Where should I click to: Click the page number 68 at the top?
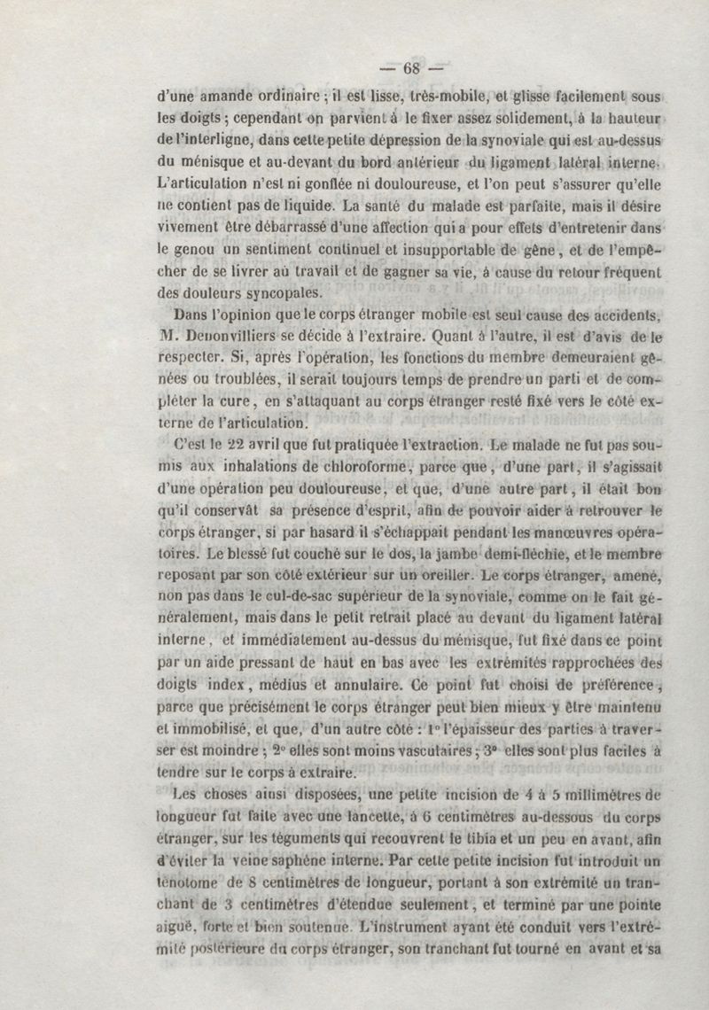tap(415, 68)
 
